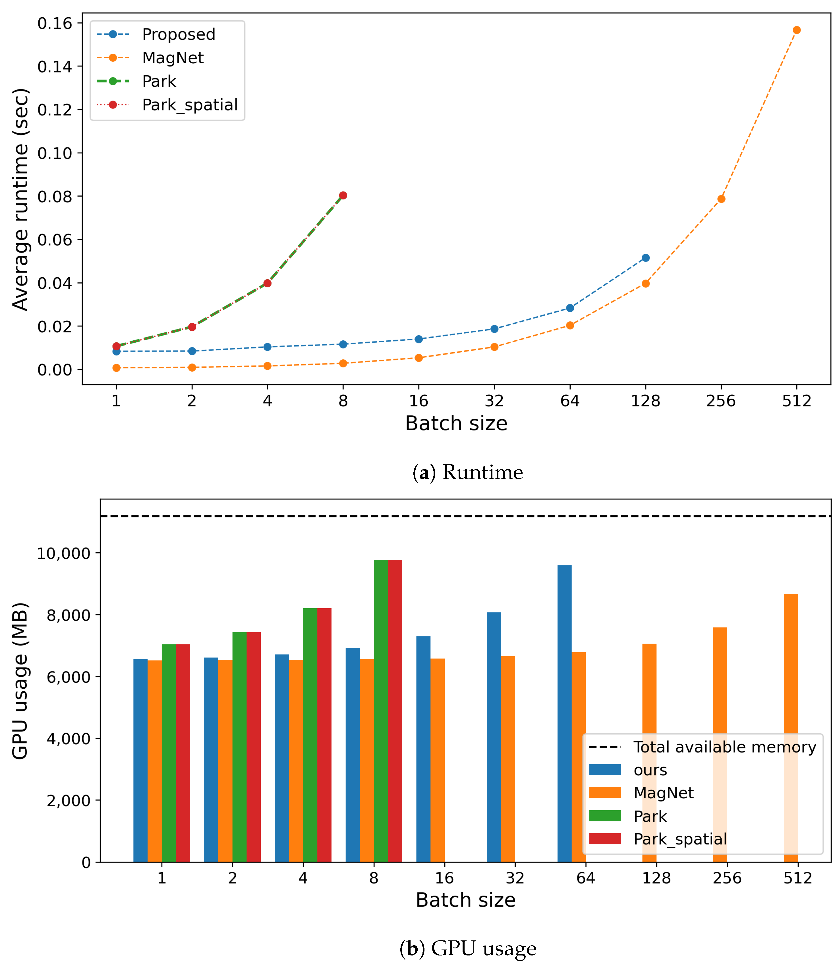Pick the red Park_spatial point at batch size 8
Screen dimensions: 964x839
pos(343,195)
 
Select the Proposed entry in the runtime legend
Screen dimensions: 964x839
pos(178,34)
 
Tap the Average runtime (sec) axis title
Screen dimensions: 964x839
pos(20,199)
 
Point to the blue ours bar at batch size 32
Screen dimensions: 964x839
pos(494,737)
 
